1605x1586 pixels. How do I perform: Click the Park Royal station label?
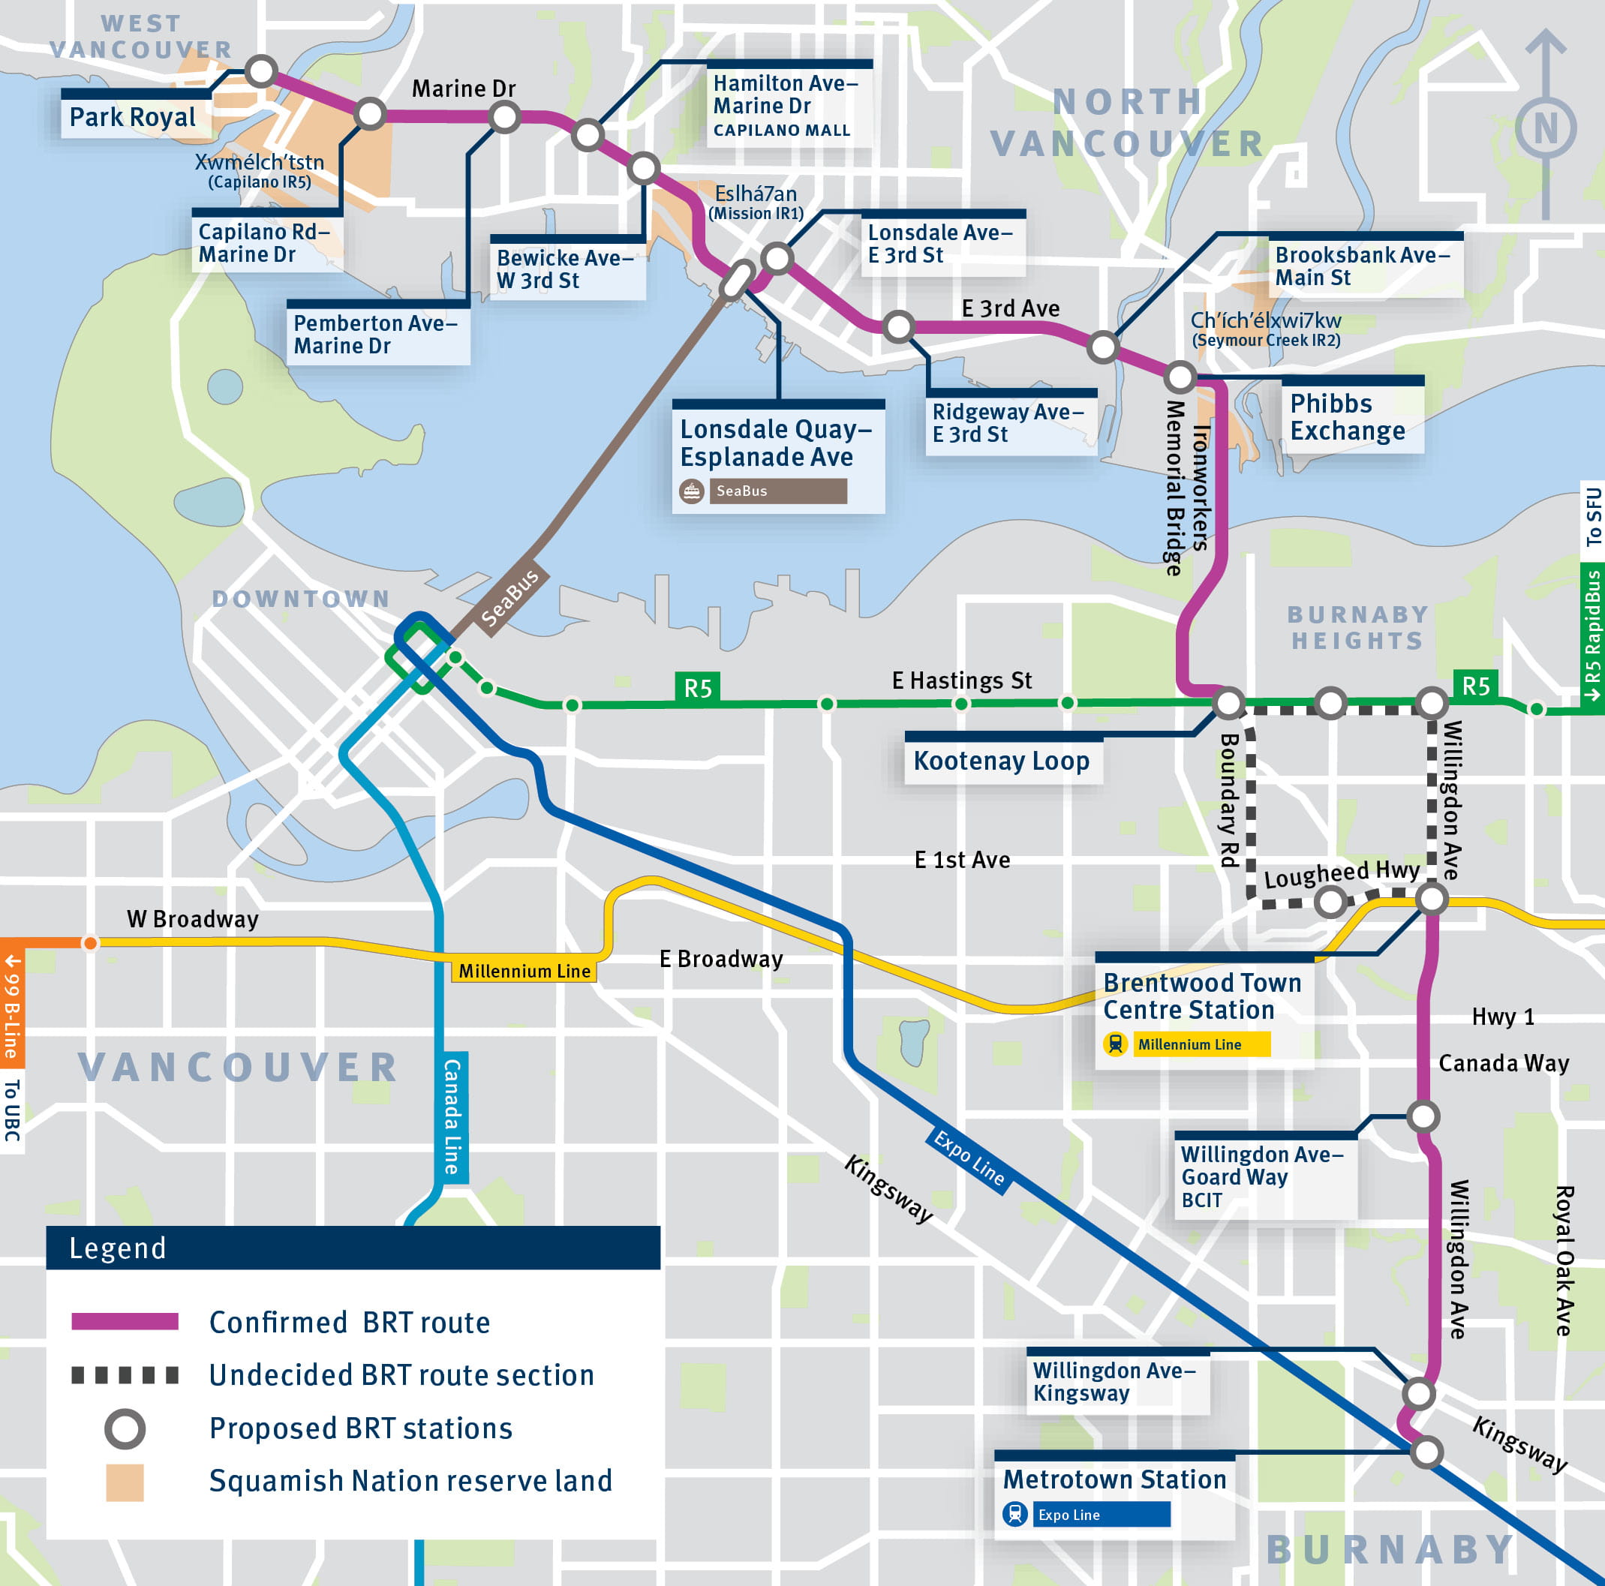tap(133, 117)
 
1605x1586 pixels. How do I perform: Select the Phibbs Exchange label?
tap(1347, 417)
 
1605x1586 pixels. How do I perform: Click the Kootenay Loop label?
tap(1001, 761)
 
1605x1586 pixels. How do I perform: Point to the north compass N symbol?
tap(1544, 129)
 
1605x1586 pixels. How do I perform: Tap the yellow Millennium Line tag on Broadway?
tap(524, 970)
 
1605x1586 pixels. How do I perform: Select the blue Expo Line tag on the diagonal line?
tap(969, 1158)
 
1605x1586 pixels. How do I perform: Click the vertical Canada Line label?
tap(452, 1116)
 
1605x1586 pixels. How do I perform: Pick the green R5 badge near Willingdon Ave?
tap(1475, 686)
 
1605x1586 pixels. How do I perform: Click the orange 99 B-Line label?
tap(12, 1005)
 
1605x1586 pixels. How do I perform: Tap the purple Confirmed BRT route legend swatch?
tap(125, 1322)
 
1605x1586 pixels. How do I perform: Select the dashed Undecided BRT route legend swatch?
tap(125, 1375)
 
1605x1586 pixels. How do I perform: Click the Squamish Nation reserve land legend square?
tap(125, 1482)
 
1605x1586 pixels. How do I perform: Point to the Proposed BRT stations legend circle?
tap(125, 1429)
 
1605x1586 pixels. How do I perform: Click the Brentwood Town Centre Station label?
tap(1201, 996)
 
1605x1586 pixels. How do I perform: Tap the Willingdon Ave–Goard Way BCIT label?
tap(1261, 1176)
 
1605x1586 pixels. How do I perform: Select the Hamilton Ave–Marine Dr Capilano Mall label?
tap(785, 106)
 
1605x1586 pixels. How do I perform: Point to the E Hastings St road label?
tap(961, 680)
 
